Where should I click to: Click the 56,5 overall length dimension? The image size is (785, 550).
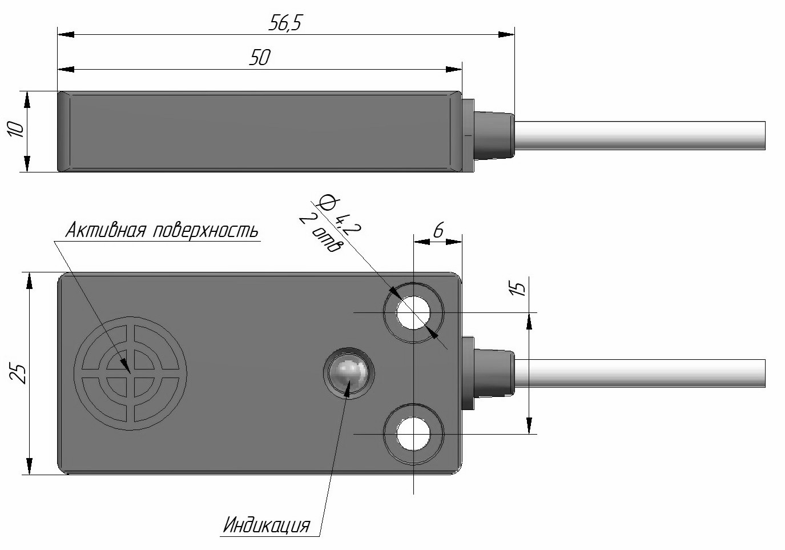[284, 24]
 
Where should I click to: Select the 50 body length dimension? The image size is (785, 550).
[260, 58]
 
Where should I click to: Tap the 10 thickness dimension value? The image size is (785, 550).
[15, 129]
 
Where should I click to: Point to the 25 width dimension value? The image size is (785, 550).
[18, 374]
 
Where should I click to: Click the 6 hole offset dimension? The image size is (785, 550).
[438, 230]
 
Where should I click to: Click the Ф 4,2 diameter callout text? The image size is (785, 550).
[338, 215]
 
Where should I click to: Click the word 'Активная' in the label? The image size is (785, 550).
[105, 230]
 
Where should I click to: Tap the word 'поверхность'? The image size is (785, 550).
[206, 231]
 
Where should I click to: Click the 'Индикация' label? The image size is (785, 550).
[267, 525]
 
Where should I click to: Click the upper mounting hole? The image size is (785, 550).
[413, 312]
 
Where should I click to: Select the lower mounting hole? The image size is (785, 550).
[413, 434]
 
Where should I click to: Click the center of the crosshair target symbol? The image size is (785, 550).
[130, 374]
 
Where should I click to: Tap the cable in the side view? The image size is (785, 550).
[640, 136]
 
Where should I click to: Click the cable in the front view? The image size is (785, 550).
[640, 374]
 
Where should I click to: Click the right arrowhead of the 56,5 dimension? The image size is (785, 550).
[506, 34]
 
